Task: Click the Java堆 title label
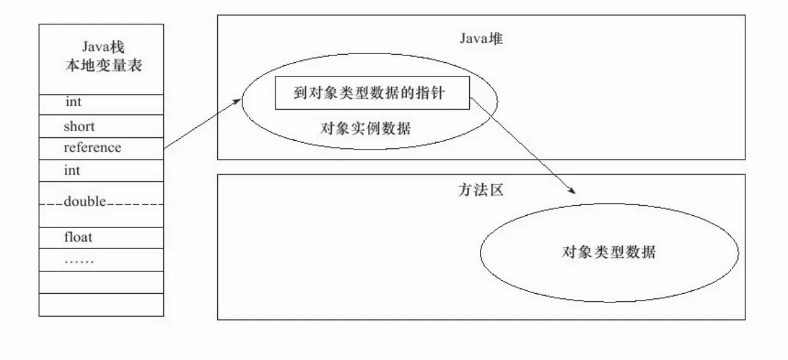point(480,38)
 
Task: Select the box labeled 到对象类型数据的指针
point(372,94)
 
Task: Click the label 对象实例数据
point(366,129)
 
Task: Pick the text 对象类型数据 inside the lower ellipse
point(609,252)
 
